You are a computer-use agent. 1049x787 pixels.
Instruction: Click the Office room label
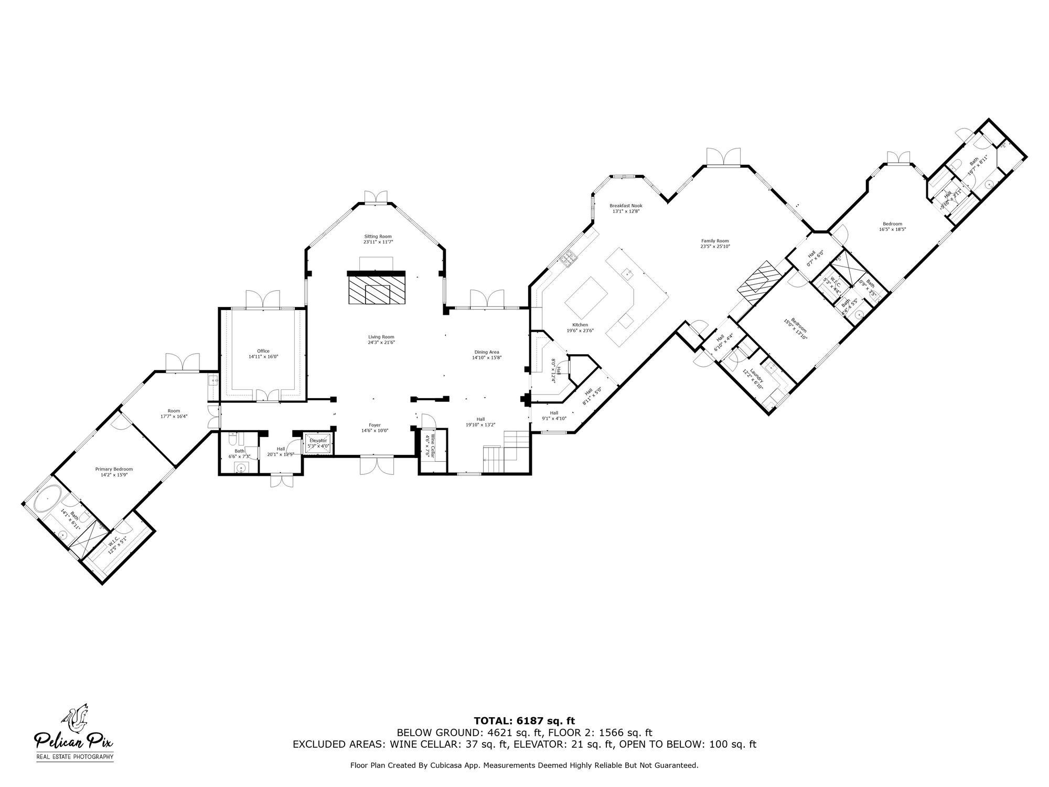[263, 351]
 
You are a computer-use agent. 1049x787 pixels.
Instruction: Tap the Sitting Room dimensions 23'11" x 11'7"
[378, 242]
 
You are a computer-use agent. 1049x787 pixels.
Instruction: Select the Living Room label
[381, 337]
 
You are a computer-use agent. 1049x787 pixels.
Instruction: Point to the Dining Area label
[486, 352]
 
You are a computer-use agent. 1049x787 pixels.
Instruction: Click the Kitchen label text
[580, 325]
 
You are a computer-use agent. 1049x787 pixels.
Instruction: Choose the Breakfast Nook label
[626, 206]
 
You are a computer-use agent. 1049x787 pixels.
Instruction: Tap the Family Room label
[715, 241]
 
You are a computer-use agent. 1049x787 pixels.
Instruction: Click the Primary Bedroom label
[114, 469]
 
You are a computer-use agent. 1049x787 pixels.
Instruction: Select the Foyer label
[374, 425]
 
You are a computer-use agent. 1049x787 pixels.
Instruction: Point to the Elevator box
[318, 443]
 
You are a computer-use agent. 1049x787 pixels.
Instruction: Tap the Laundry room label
[754, 378]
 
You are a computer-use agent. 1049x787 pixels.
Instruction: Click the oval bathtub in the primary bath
[48, 498]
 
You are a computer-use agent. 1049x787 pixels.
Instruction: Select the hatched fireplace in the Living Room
[377, 290]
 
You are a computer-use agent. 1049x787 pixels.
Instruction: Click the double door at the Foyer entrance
[377, 465]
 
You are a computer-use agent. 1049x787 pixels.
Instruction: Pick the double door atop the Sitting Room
[377, 196]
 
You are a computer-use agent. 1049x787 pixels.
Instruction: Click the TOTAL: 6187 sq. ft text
[524, 721]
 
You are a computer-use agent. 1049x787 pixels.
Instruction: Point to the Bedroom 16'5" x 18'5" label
[892, 226]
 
